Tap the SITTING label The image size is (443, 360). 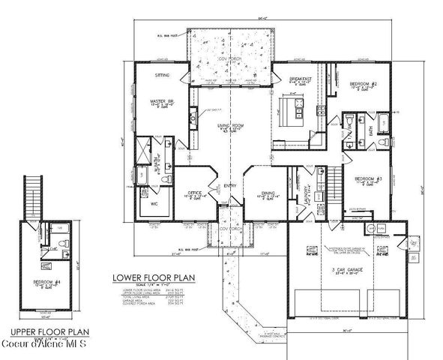point(162,75)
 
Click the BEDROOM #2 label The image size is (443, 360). point(366,84)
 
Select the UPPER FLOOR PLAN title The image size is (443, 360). point(44,330)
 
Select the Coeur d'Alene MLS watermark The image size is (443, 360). point(44,343)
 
